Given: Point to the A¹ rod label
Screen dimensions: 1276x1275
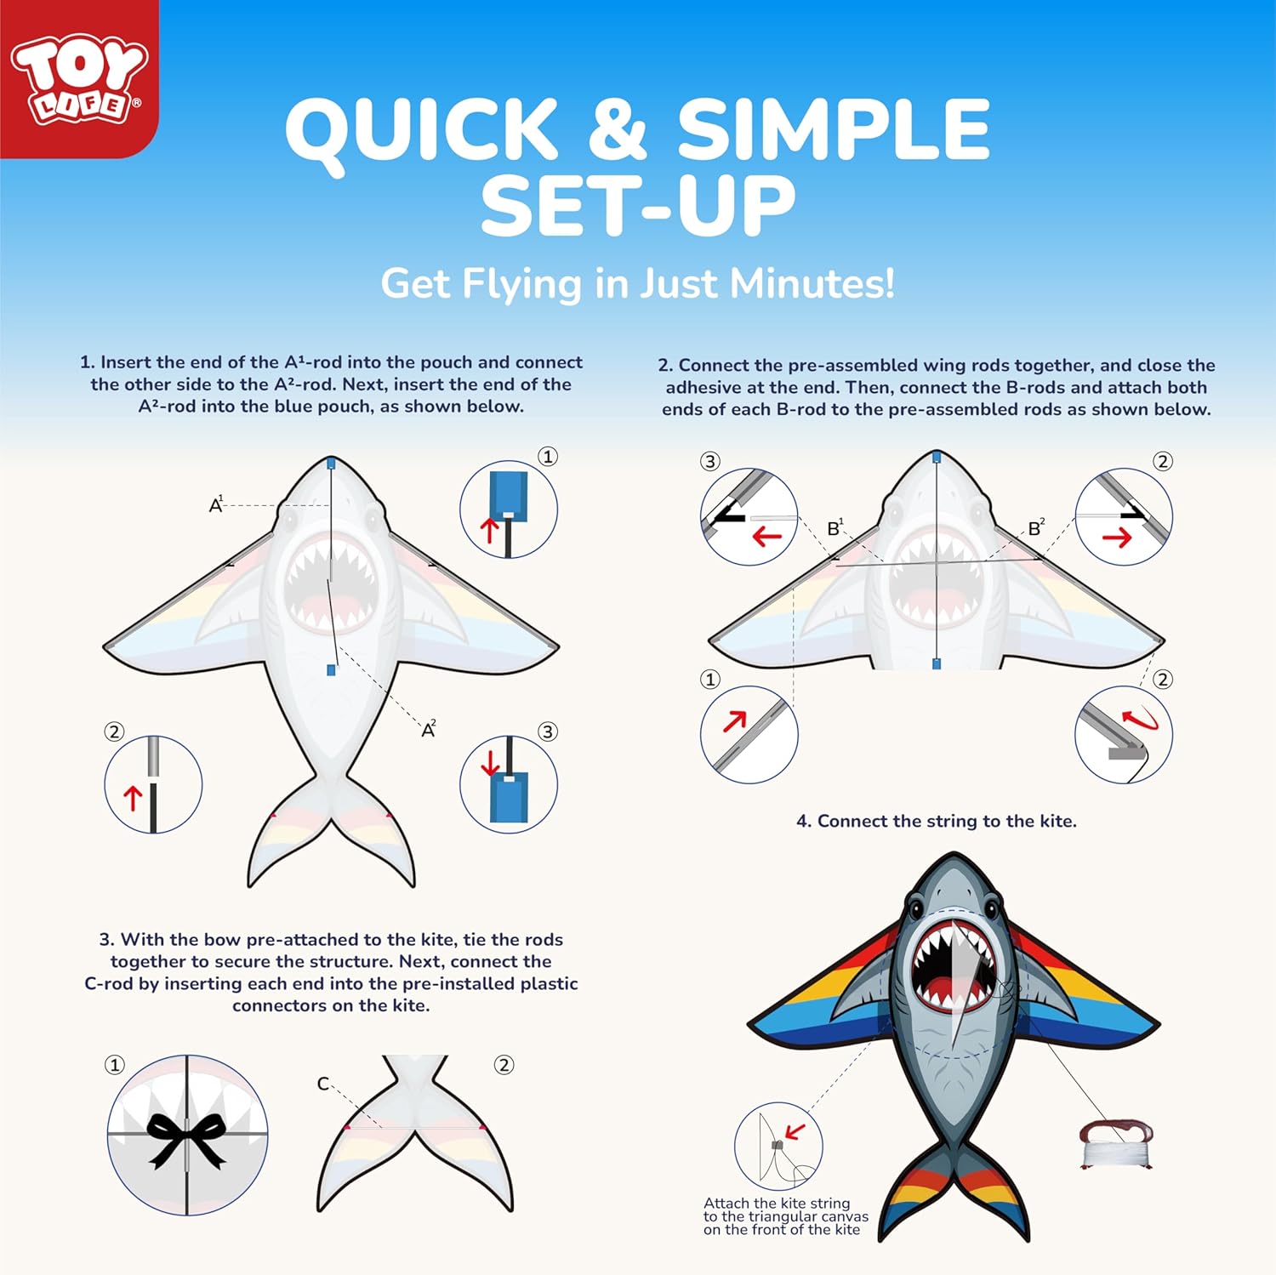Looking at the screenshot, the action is pos(216,504).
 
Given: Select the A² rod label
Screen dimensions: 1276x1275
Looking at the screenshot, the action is pos(429,729).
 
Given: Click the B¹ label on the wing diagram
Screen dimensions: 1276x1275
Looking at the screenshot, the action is pos(835,527).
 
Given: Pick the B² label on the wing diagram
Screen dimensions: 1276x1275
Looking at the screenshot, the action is pos(1036,527).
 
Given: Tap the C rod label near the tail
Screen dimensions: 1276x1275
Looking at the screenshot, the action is pos(323,1084).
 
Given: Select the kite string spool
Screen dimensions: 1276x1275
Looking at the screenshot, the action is pos(1116,1144).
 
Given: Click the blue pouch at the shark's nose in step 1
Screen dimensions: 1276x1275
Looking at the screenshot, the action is pos(331,464).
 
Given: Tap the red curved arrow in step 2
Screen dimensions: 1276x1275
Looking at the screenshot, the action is pos(1141,720).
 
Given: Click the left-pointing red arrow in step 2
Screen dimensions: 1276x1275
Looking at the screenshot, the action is pos(767,537).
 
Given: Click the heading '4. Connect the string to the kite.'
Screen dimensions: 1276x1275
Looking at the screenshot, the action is pos(937,821).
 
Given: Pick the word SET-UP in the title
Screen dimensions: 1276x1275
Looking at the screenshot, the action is pos(638,205).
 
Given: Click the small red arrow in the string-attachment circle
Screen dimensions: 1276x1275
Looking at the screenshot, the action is pos(795,1132).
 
